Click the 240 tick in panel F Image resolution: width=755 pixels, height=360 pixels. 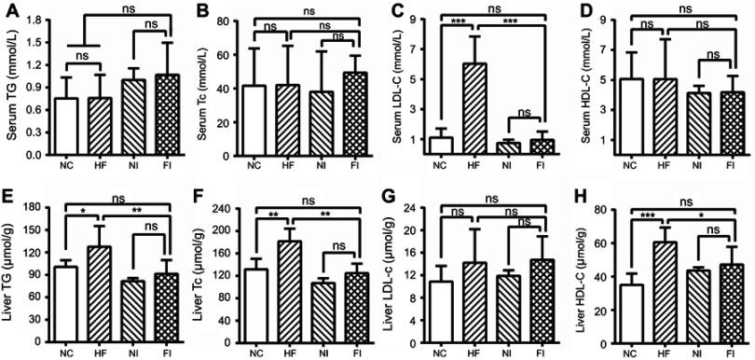pos(220,203)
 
